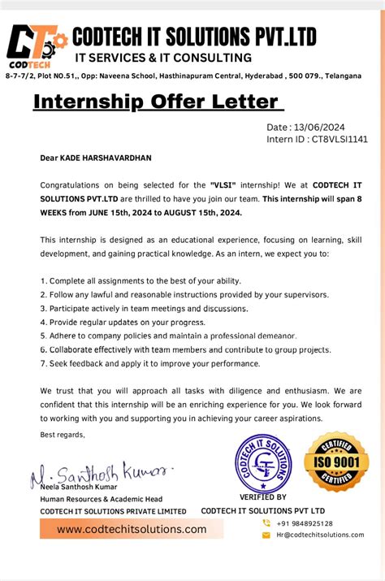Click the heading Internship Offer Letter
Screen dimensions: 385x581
[x=156, y=103]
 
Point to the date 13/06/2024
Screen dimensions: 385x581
[x=322, y=127]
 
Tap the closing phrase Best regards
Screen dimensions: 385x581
[x=63, y=435]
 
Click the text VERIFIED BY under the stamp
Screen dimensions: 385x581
[x=262, y=497]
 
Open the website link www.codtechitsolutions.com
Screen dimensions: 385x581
[x=132, y=529]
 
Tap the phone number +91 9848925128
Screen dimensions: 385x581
[x=304, y=523]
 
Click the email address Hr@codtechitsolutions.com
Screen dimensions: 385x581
[x=320, y=535]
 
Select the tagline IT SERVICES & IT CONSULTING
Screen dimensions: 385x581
[x=163, y=58]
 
